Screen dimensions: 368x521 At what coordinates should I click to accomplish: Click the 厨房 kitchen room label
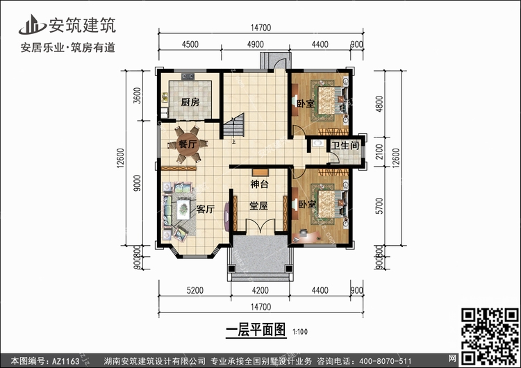pos(190,103)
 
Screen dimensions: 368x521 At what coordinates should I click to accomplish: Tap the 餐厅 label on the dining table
pos(188,144)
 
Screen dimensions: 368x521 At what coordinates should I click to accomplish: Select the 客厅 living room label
pos(205,208)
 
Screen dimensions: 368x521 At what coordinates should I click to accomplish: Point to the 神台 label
pos(259,184)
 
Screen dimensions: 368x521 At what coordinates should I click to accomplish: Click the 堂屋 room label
pos(259,206)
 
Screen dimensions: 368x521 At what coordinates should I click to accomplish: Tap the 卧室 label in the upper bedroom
pos(305,104)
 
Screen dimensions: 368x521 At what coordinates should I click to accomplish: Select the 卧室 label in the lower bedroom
pos(307,205)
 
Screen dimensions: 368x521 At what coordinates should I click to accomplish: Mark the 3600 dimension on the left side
pos(137,96)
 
